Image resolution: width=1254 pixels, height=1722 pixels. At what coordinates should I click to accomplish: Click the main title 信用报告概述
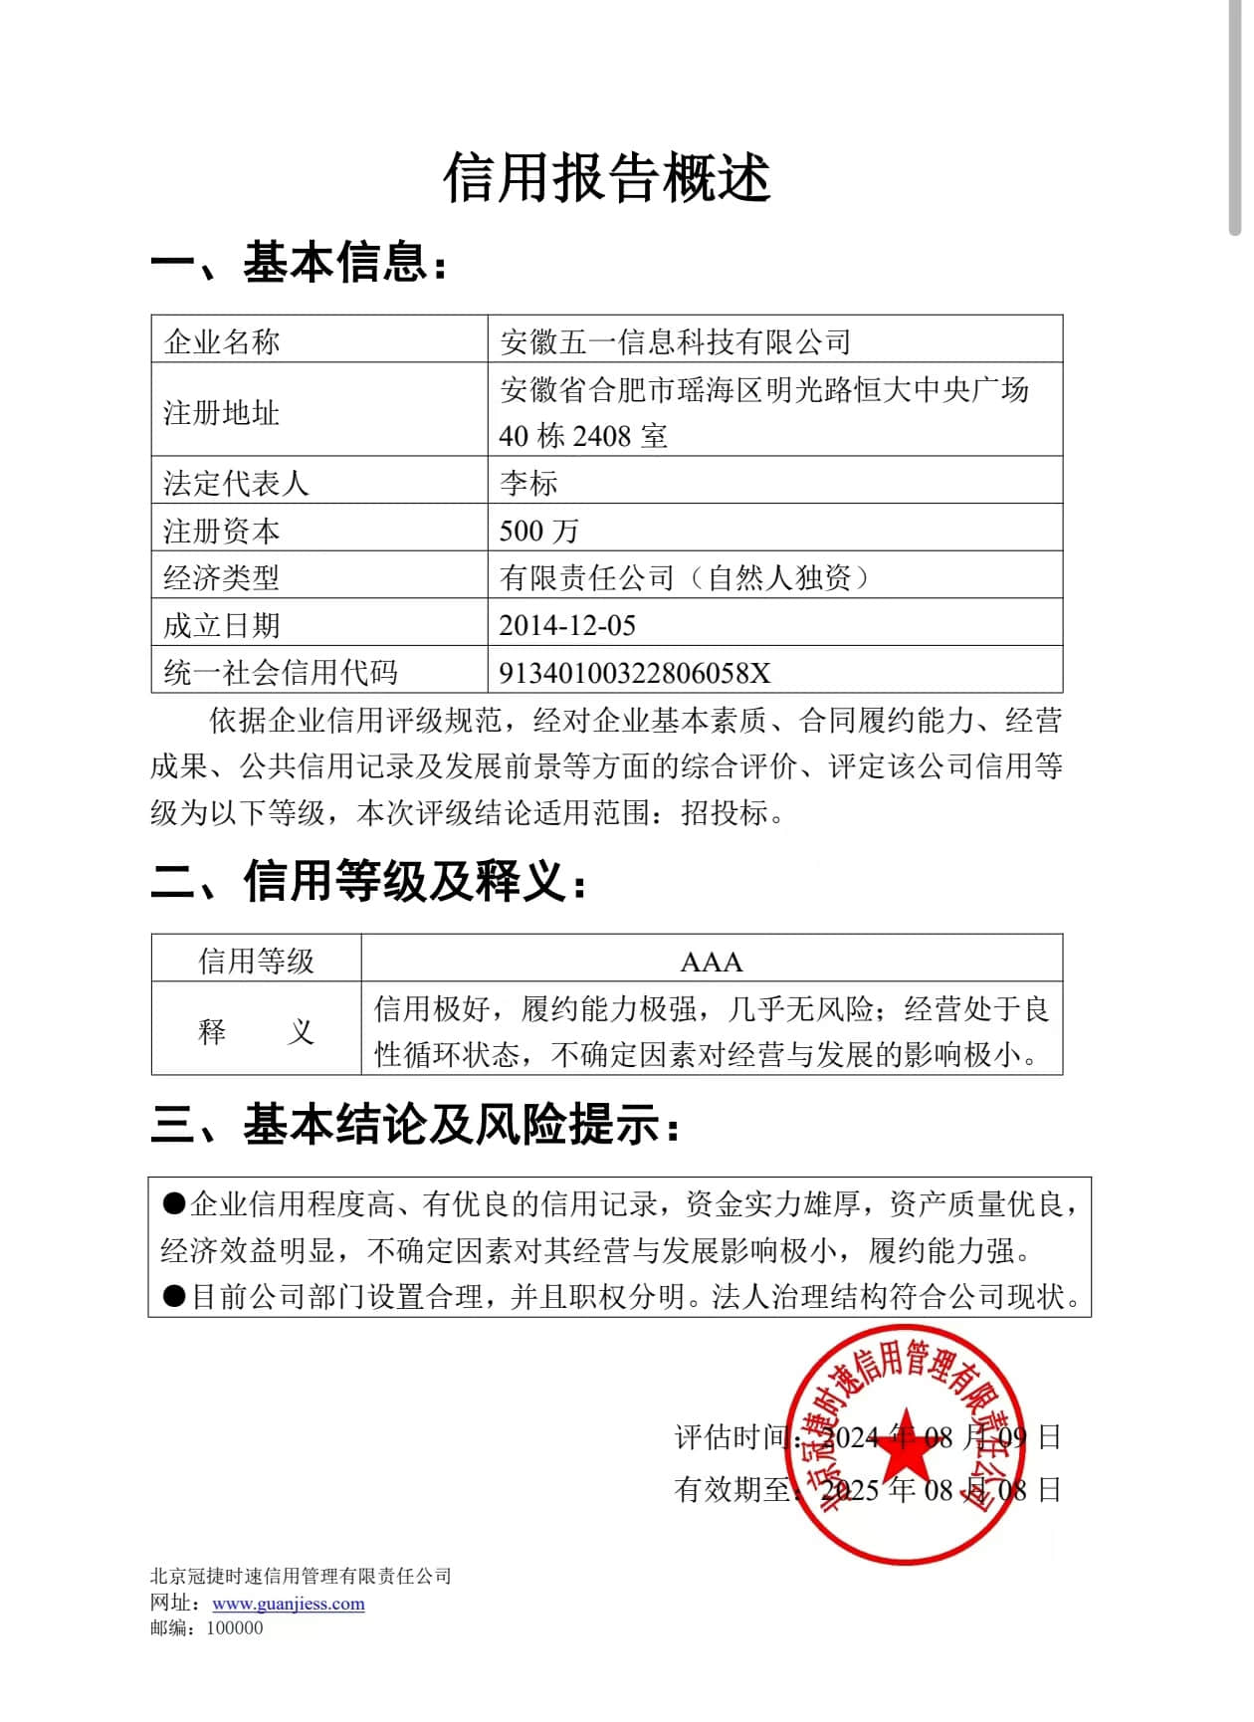pos(607,178)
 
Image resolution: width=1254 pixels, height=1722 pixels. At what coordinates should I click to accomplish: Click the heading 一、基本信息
pos(299,263)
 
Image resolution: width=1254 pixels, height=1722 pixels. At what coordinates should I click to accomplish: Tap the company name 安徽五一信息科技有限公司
pos(675,341)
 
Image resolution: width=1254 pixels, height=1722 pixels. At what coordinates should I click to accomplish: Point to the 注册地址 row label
pos(222,412)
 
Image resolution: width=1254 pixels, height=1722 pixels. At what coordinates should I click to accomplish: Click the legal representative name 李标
pos(528,483)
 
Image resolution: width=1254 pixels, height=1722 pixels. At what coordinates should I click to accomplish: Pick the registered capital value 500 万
pos(538,531)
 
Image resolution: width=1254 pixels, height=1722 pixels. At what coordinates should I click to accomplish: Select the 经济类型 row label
pos(222,577)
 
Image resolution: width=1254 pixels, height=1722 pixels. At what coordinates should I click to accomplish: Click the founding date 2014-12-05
pos(567,625)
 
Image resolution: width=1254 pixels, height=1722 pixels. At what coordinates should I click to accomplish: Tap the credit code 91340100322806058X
pos(635,673)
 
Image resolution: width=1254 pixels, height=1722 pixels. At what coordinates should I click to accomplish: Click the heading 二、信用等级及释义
pos(368,882)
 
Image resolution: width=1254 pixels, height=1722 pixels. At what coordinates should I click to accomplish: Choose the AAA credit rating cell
pos(711,962)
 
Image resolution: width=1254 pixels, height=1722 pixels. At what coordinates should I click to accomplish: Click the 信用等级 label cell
pos(256,962)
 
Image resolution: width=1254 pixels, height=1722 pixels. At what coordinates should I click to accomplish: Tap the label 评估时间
pos(732,1437)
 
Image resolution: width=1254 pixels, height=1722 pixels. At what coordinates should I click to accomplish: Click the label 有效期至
pos(732,1489)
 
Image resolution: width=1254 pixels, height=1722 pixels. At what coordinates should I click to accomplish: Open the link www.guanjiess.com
pos(289,1604)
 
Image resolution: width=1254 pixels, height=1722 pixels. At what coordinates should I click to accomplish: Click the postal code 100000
pos(235,1628)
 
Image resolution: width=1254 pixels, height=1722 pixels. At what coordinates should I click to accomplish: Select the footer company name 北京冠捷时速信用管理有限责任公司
pos(301,1576)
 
